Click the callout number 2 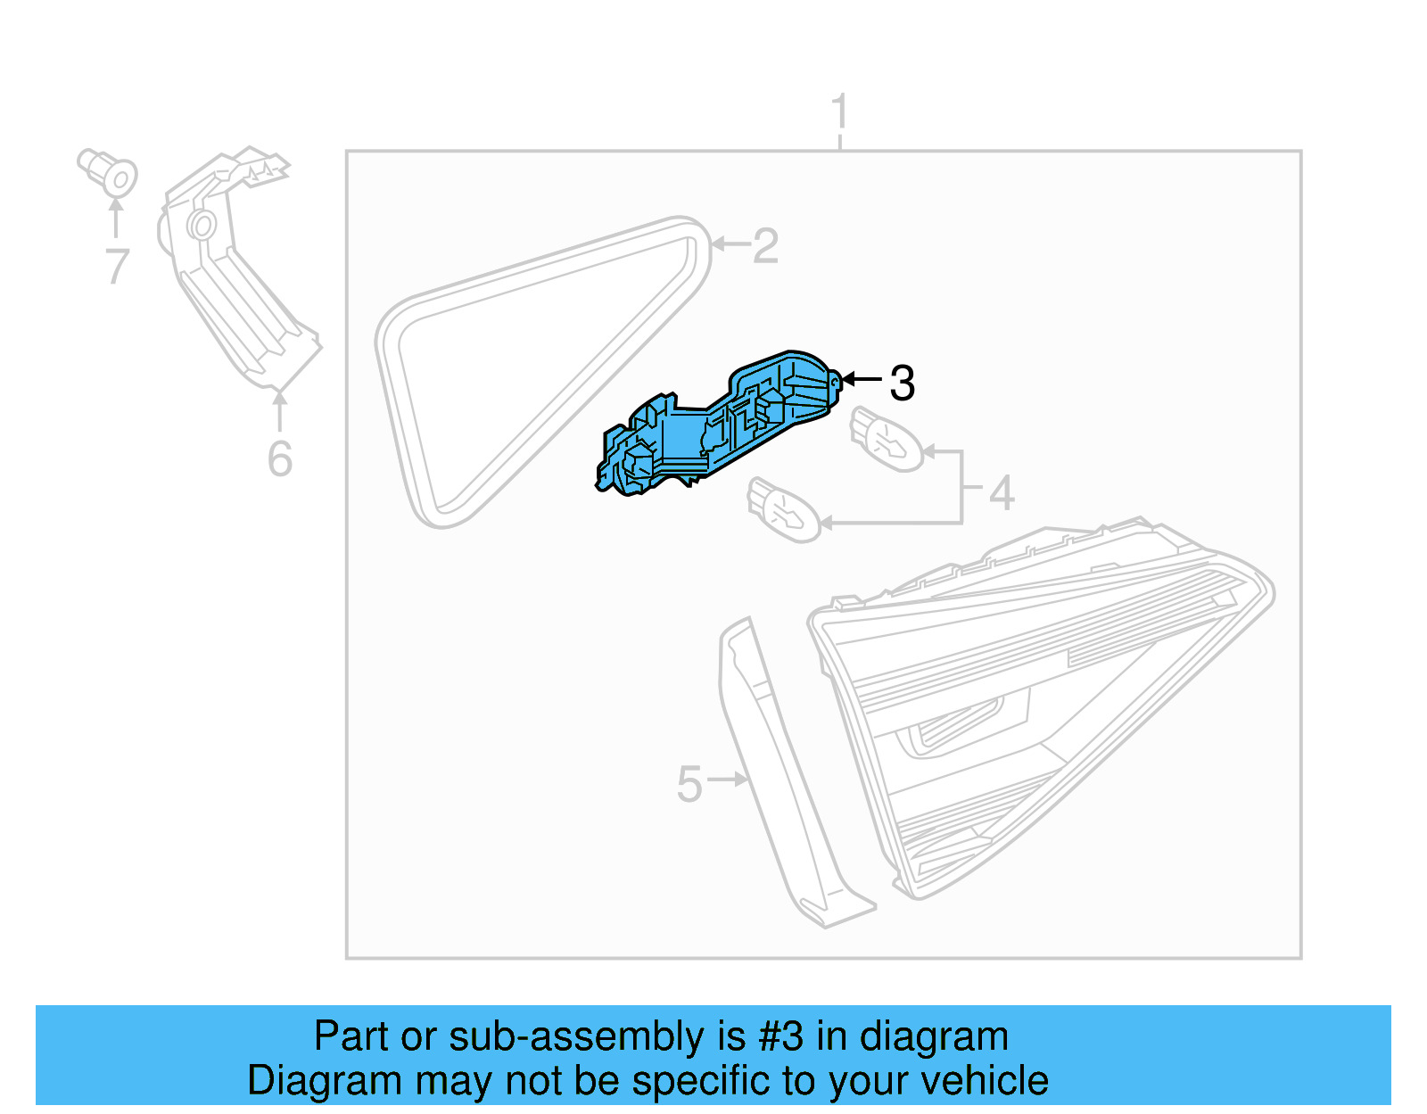[x=765, y=246]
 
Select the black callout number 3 [x=902, y=384]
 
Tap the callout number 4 [x=1002, y=493]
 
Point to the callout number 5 [x=689, y=784]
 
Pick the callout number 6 [x=279, y=458]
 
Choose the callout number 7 [x=117, y=267]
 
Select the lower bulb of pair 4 [x=784, y=510]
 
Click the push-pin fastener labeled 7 [x=108, y=173]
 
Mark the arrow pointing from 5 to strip [x=729, y=780]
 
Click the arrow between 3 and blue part [x=862, y=379]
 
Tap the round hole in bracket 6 [x=202, y=225]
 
